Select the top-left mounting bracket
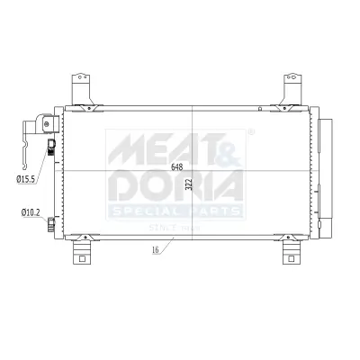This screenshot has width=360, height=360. click(x=84, y=93)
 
